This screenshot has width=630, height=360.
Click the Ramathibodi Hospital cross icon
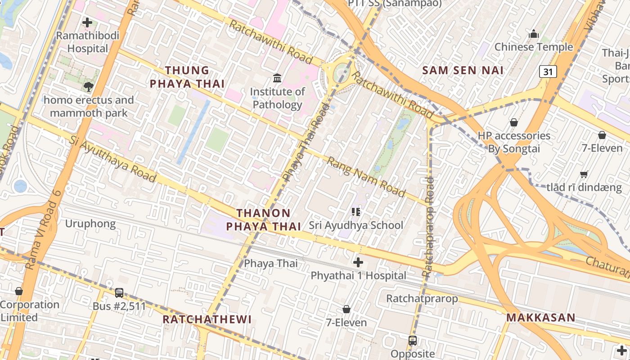tap(87, 22)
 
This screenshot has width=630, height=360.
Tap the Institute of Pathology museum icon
tap(277, 78)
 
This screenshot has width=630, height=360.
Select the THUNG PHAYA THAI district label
tap(187, 77)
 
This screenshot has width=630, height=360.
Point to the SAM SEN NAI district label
tap(463, 70)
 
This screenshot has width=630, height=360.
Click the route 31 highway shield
tap(548, 71)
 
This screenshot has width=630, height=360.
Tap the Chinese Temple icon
tap(534, 34)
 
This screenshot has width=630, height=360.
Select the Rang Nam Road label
tap(366, 176)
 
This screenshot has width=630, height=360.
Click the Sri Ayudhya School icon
tap(356, 211)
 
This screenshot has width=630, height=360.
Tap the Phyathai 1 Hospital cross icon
tap(358, 262)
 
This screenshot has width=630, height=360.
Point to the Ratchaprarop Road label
tap(429, 227)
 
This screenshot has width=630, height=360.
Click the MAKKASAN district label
tap(540, 317)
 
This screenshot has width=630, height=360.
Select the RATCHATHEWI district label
tap(207, 319)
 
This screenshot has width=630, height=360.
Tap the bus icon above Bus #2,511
tap(119, 293)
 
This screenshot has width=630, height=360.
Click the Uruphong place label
tap(90, 224)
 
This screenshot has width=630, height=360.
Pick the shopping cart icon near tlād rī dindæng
tap(584, 174)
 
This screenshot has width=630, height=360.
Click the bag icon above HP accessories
tap(513, 122)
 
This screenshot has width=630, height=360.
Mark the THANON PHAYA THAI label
tap(263, 219)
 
